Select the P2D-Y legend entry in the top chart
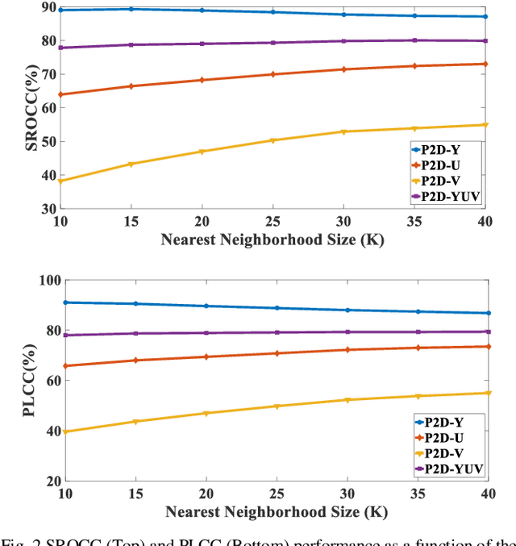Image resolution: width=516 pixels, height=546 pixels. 440,148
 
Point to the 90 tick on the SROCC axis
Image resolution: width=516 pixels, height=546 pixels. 47,7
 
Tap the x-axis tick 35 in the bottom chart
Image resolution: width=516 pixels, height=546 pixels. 417,493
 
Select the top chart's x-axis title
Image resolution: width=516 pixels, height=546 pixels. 273,239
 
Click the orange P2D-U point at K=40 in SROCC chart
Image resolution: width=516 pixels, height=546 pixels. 485,64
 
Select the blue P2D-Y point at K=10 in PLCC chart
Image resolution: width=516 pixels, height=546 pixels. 64,302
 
